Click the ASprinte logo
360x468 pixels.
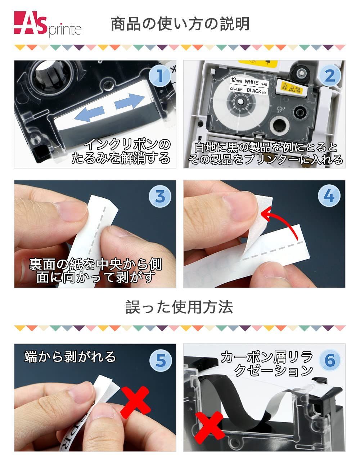(x=48, y=24)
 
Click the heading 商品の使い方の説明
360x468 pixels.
(x=180, y=24)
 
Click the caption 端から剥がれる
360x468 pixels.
(x=70, y=356)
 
